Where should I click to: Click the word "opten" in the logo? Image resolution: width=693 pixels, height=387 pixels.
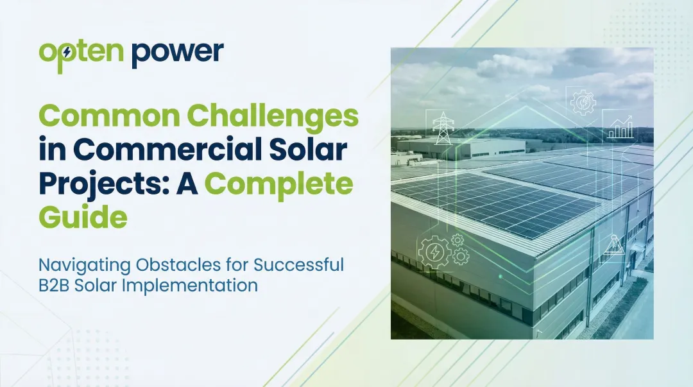click(81, 54)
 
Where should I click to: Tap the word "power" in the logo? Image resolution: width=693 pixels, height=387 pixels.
click(178, 54)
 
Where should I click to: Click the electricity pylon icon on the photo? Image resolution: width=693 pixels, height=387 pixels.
click(441, 128)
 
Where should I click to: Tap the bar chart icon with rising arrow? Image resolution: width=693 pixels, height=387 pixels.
click(620, 128)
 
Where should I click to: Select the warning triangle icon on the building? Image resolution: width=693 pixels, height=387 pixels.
click(613, 246)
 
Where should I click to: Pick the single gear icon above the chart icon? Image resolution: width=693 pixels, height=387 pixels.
click(583, 102)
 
